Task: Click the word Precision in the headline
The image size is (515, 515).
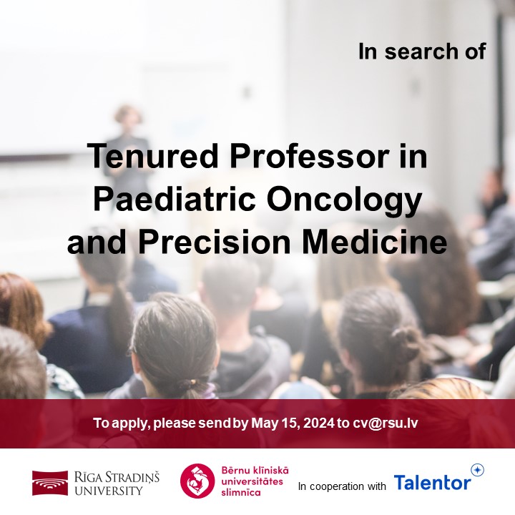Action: (212, 242)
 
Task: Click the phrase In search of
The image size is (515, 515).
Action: (422, 51)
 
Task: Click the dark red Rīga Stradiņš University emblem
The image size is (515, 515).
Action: (49, 483)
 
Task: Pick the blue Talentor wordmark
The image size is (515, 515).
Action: (432, 483)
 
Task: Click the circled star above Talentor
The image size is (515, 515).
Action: (477, 470)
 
